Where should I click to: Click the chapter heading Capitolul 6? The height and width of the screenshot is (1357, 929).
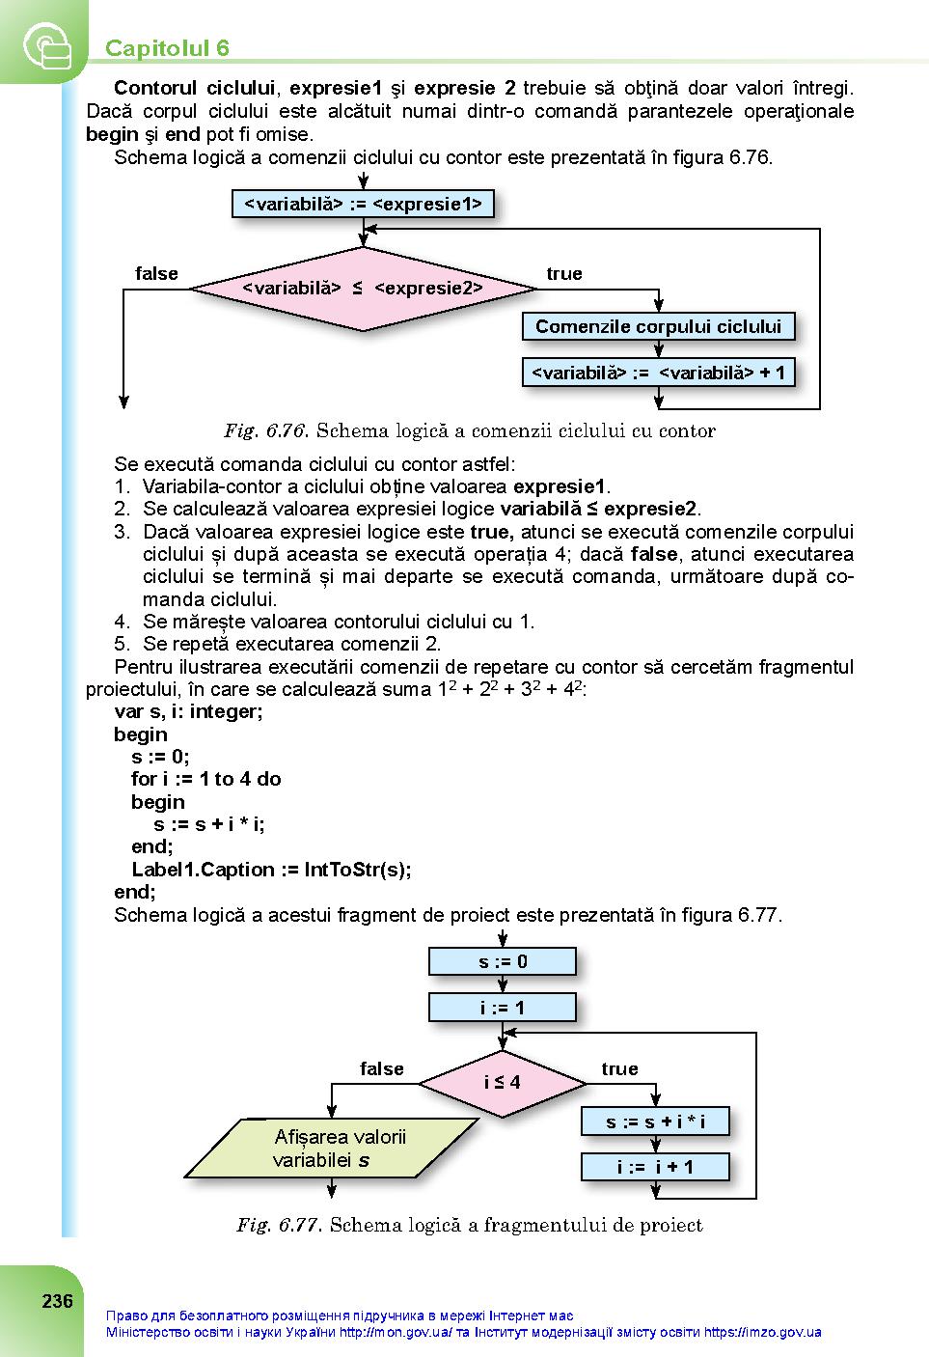167,48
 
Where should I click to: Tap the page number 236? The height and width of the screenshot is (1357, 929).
58,1301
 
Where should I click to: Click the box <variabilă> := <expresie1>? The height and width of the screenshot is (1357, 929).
363,204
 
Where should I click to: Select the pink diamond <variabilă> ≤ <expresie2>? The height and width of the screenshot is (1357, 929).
364,289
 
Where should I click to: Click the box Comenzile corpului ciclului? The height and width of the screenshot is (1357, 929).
658,326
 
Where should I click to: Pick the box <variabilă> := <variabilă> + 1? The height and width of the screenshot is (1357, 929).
658,372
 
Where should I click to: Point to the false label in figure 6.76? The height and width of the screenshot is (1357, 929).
156,273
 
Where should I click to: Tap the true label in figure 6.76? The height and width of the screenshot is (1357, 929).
563,273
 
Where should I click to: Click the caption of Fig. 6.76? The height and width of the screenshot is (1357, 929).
470,430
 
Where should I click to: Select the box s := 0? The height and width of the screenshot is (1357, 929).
502,960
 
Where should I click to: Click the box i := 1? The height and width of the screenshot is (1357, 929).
502,1008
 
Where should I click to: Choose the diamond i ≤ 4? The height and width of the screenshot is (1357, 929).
502,1083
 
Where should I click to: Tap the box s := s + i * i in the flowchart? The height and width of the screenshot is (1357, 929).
655,1122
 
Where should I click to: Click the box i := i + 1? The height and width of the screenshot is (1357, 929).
655,1166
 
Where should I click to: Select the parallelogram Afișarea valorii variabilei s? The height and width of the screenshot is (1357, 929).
331,1148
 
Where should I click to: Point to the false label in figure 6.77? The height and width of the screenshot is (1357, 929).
381,1068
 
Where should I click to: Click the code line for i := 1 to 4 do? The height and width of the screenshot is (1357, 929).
205,779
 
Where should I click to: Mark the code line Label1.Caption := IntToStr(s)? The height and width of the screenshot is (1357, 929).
271,870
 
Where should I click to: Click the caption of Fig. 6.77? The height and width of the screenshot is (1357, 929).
470,1225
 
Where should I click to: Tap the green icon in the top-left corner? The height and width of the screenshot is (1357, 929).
47,45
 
